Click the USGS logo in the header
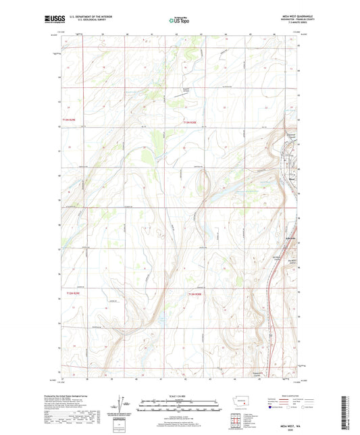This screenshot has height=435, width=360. [x=51, y=20]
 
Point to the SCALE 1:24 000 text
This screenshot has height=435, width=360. [x=179, y=395]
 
